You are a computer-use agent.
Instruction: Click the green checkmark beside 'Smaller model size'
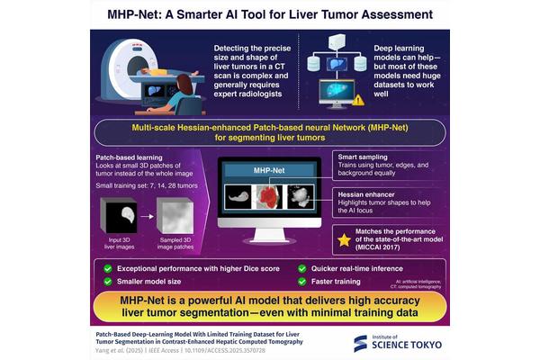click(x=109, y=281)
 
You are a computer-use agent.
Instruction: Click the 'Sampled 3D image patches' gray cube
click(x=178, y=220)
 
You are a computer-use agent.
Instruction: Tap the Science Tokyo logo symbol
click(x=361, y=343)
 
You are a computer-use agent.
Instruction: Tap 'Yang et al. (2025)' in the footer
click(x=113, y=350)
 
